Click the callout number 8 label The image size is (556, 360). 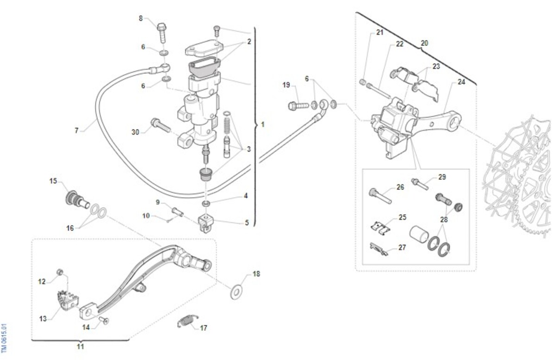tap(141, 18)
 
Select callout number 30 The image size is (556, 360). tap(135, 132)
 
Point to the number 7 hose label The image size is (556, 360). tap(76, 131)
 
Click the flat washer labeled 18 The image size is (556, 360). tap(237, 291)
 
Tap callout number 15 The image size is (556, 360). tap(53, 181)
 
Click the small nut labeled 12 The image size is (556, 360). tap(59, 271)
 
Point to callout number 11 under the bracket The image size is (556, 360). tap(80, 346)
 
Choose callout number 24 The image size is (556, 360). tap(461, 82)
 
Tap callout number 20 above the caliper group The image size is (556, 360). tap(424, 43)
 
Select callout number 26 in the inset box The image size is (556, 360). tap(400, 187)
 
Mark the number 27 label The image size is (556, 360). tap(402, 247)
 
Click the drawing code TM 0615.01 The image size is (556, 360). tap(4, 337)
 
